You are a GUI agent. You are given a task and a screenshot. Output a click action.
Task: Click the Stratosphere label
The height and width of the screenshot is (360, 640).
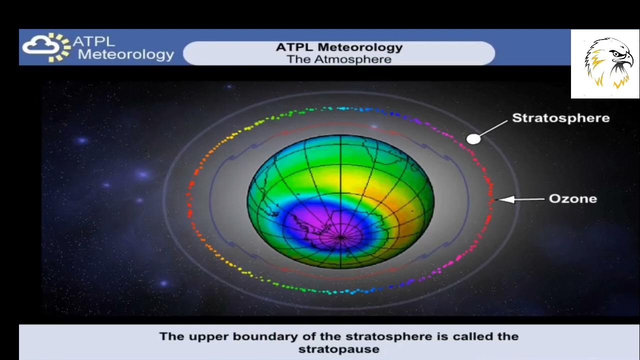(x=560, y=118)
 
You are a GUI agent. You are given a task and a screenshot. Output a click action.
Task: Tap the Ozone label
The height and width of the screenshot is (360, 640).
(x=572, y=199)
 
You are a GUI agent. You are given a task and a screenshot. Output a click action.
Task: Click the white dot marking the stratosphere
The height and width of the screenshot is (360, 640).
(x=473, y=139)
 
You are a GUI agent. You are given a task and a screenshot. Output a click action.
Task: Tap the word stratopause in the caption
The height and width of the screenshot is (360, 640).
(x=338, y=349)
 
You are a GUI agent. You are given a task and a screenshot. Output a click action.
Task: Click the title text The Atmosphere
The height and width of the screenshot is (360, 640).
(x=338, y=59)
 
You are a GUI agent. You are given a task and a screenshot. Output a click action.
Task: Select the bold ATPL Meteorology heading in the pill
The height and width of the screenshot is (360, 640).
(x=338, y=47)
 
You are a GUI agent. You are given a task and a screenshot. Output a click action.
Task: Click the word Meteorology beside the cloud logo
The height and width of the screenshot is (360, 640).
(x=125, y=54)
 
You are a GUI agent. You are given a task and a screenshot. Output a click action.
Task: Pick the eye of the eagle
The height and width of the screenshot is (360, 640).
(x=616, y=53)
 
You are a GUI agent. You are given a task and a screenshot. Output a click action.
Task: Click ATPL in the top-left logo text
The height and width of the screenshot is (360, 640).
(x=93, y=41)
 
